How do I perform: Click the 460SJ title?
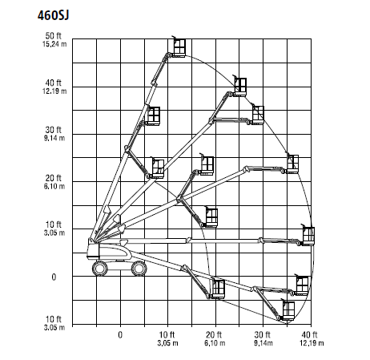pos(53,15)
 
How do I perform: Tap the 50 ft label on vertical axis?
pos(54,35)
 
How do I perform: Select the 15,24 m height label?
pos(54,44)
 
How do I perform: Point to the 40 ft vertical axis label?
pos(54,83)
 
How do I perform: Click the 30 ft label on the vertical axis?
pos(54,130)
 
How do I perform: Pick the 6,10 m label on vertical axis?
pos(54,186)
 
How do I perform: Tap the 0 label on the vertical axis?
pos(54,277)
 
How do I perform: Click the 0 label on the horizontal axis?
pos(120,334)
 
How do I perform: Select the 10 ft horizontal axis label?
pos(167,334)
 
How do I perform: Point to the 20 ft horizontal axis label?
pos(214,334)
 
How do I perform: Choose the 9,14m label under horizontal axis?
pos(263,343)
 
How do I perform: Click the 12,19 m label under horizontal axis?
pos(312,343)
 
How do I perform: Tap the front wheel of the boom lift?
pos(139,269)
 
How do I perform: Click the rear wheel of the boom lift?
pos(99,269)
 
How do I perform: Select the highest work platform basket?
pos(179,47)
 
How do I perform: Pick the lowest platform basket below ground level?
pos(288,310)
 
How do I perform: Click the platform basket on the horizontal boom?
pos(308,235)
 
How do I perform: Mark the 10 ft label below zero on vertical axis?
pos(54,319)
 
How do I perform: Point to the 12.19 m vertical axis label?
pos(54,91)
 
